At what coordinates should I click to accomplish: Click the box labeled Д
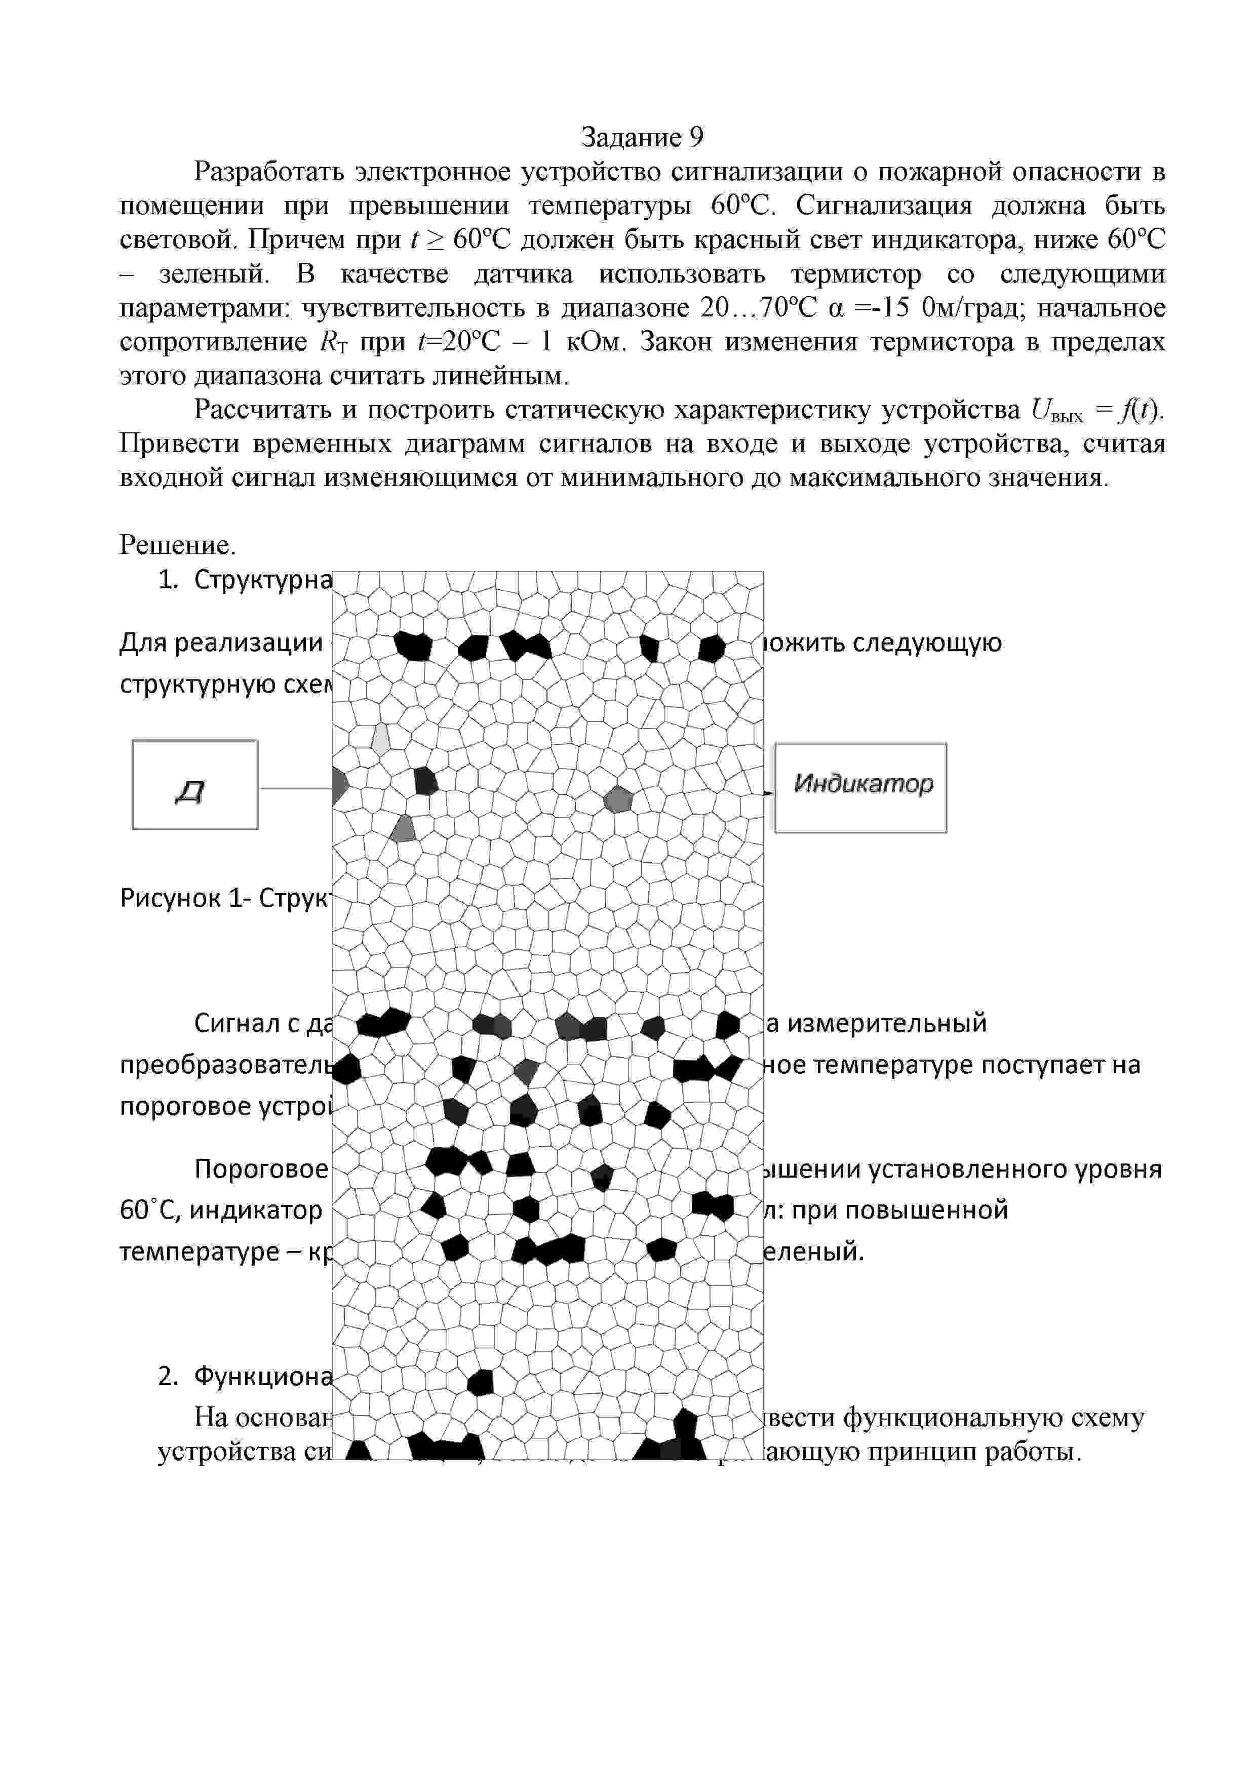tap(194, 784)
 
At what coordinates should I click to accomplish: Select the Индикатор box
tap(860, 787)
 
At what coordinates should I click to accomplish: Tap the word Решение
tap(176, 545)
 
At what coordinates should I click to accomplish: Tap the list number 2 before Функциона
tap(167, 1376)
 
